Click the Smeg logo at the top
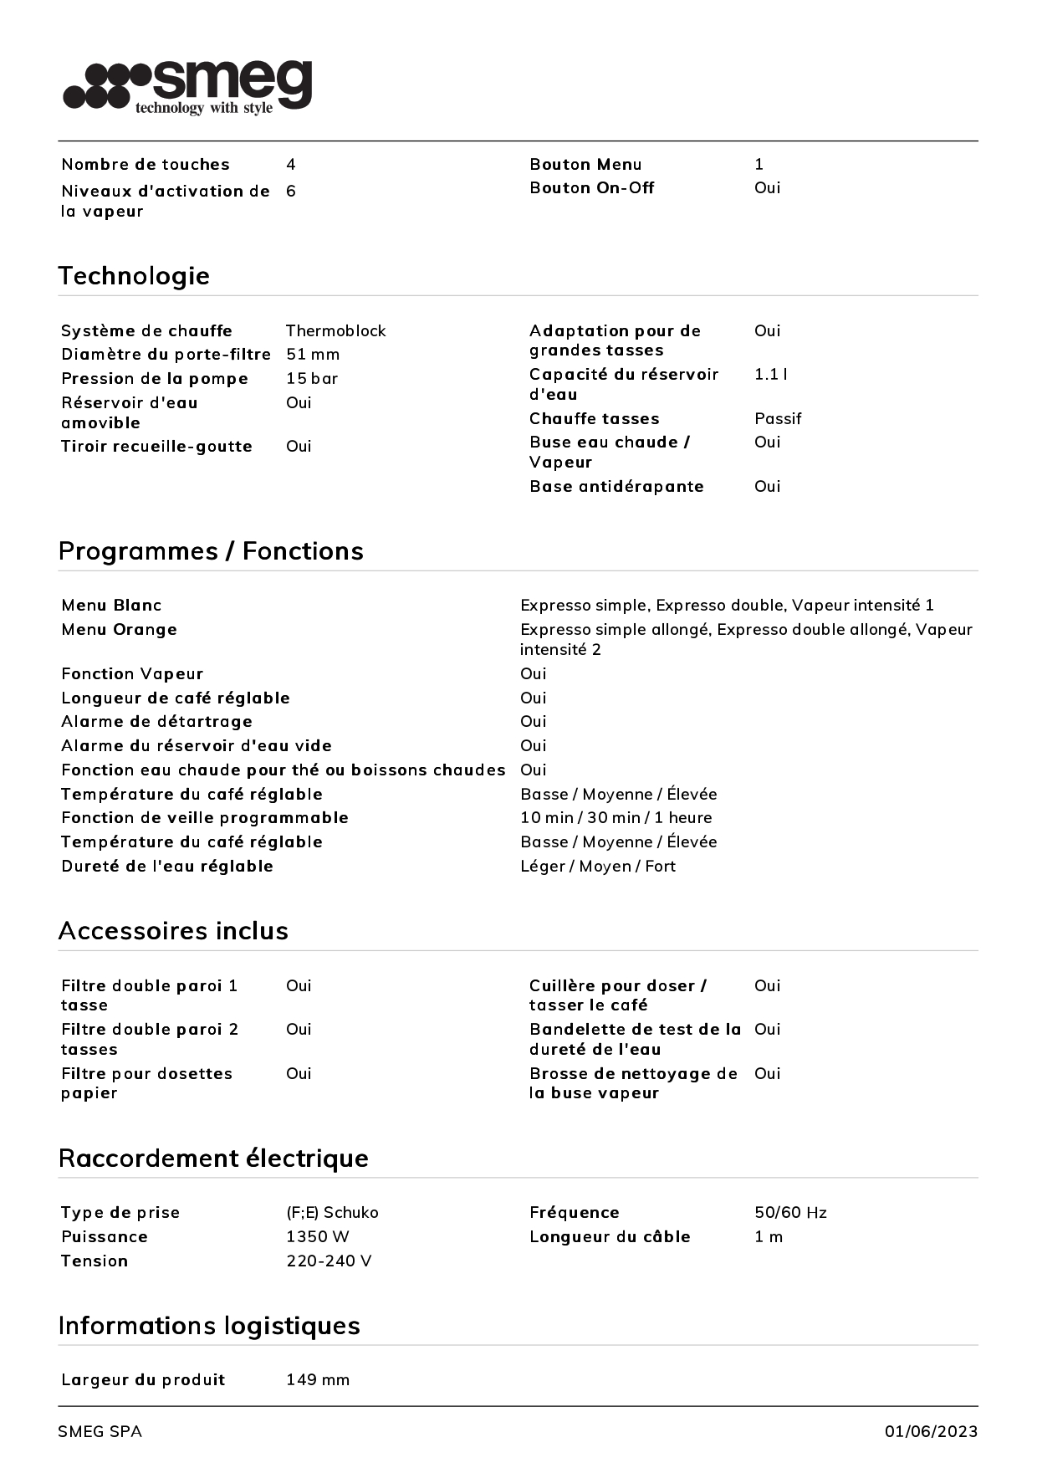click(x=187, y=86)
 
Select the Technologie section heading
click(x=134, y=276)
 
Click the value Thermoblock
click(x=335, y=331)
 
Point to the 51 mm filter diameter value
click(x=313, y=355)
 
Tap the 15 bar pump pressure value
click(x=312, y=379)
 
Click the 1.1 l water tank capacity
click(x=770, y=375)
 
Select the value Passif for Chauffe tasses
click(x=777, y=419)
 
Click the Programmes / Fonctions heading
click(x=211, y=551)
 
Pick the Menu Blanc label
click(x=111, y=606)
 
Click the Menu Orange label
click(x=119, y=630)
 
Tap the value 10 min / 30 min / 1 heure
click(x=616, y=818)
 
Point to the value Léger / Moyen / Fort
click(x=597, y=867)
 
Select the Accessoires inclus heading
click(x=173, y=931)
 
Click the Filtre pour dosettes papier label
click(x=146, y=1083)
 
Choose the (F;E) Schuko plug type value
click(x=332, y=1213)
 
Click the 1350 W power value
click(x=317, y=1237)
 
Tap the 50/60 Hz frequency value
click(x=790, y=1213)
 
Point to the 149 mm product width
click(x=317, y=1380)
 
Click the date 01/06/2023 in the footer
click(x=931, y=1432)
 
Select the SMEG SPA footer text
click(x=100, y=1432)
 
